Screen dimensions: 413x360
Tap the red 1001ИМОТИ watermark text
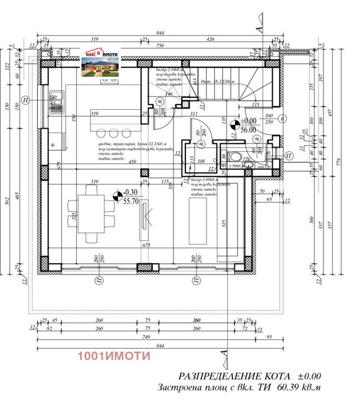114,356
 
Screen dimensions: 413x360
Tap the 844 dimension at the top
159,34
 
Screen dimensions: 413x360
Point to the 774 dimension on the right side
349,159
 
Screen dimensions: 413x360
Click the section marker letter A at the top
258,26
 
